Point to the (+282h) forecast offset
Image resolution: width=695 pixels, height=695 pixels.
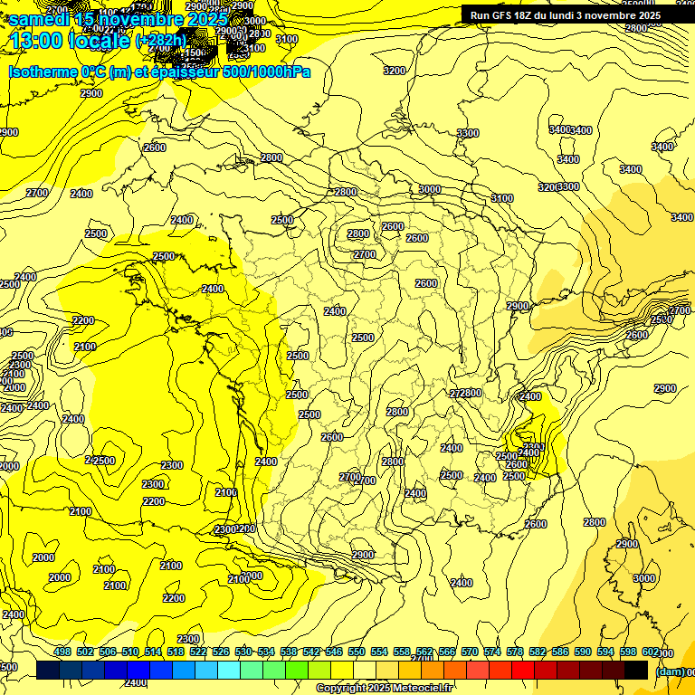(160, 41)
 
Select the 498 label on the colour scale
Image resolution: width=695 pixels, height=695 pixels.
(62, 652)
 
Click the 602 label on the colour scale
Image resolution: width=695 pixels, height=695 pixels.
(651, 652)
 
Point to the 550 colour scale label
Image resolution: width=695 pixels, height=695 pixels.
(357, 652)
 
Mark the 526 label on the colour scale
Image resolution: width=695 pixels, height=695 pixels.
(221, 652)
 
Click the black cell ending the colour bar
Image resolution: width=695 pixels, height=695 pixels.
(636, 670)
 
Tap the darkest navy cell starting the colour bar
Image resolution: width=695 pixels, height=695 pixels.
(48, 670)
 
